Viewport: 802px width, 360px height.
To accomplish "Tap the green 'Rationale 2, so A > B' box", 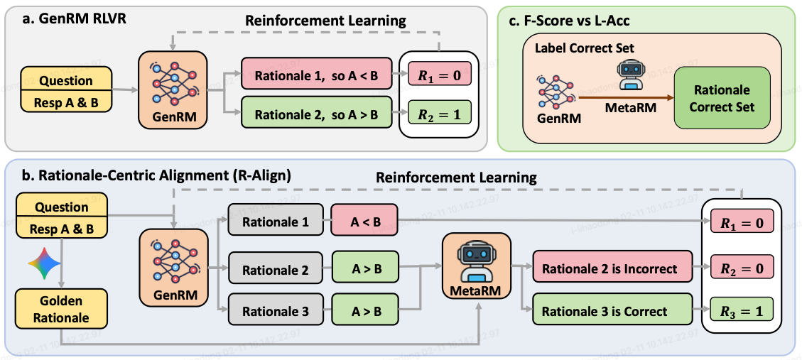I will (316, 112).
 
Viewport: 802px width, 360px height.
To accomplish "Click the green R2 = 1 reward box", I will (439, 112).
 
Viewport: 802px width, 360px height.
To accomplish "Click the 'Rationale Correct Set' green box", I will (722, 98).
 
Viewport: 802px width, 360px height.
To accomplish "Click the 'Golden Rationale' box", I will (61, 309).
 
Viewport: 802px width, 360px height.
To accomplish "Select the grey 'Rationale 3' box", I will (276, 312).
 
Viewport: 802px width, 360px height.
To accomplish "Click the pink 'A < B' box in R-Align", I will (365, 222).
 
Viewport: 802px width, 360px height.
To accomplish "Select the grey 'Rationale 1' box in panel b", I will (276, 222).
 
